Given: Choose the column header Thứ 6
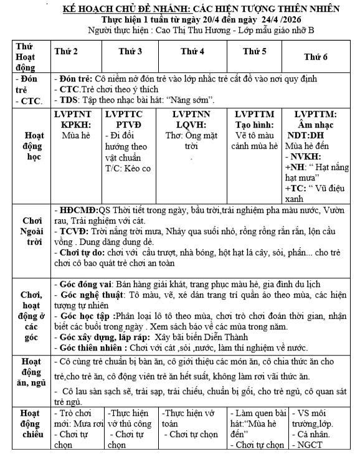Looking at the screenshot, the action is pyautogui.click(x=316, y=57).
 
